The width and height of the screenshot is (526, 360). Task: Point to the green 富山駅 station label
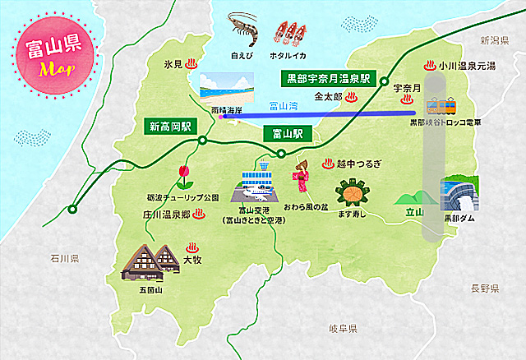point(286,132)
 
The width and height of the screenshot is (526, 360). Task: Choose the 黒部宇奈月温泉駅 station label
point(326,79)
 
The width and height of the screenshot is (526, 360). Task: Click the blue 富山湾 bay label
point(284,105)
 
